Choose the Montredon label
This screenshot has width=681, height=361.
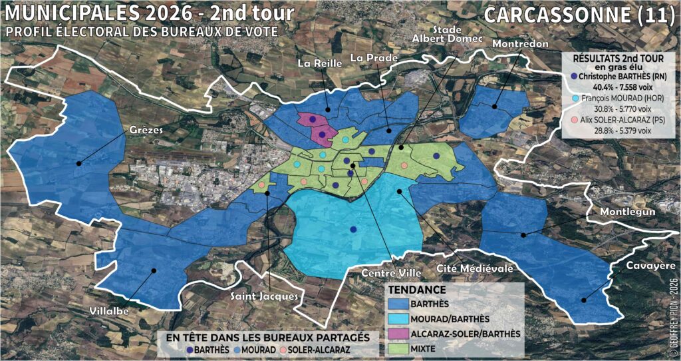tap(521, 43)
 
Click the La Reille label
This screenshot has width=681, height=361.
tap(319, 63)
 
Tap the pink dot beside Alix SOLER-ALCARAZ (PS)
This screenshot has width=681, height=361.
tap(573, 121)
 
